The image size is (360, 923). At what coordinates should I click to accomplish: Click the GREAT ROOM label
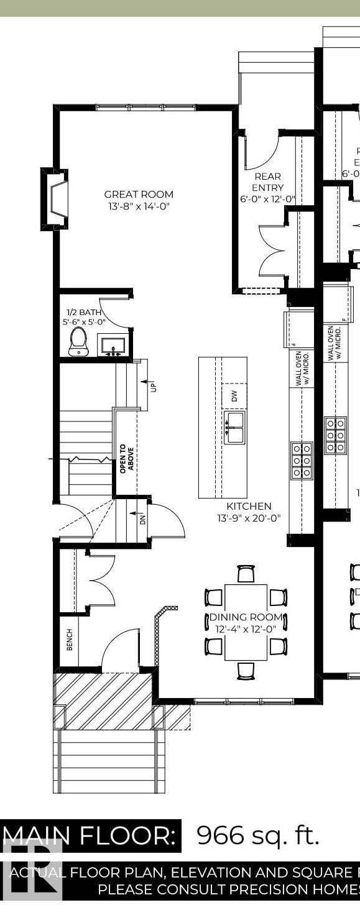coord(138,195)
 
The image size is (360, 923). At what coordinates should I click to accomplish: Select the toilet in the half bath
coord(78,341)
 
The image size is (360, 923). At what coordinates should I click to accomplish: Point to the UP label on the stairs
coord(153,386)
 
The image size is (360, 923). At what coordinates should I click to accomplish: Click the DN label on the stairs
coord(141,518)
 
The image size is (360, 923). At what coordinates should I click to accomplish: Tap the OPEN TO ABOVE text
coord(127,458)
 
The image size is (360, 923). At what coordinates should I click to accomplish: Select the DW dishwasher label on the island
coord(234,396)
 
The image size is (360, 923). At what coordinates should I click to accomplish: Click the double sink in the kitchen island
coord(234,427)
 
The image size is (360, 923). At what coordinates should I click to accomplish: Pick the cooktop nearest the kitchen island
coord(302,461)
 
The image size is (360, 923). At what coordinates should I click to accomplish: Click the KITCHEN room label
coord(249,507)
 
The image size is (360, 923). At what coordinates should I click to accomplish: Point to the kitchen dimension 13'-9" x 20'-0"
coord(249,518)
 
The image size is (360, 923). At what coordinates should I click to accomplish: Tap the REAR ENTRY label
coord(267,182)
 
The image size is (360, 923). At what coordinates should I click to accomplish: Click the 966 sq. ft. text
coord(257,835)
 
